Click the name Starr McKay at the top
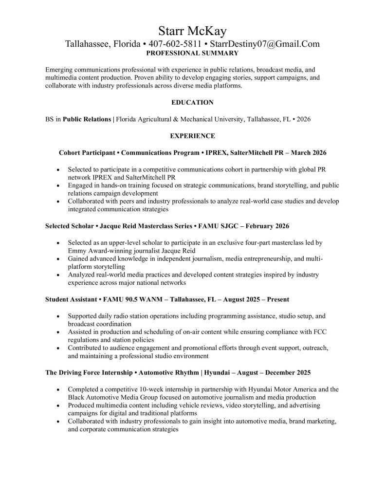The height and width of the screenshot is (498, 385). coord(192,32)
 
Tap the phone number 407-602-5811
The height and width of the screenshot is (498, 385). coord(175,44)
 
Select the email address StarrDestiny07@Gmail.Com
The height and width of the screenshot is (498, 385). coord(265,44)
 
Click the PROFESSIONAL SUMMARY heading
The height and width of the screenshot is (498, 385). coord(192,53)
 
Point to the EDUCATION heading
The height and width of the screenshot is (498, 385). coord(192,103)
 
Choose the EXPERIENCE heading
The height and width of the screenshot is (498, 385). coord(192,136)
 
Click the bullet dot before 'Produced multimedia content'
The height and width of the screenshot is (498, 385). coord(58,406)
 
